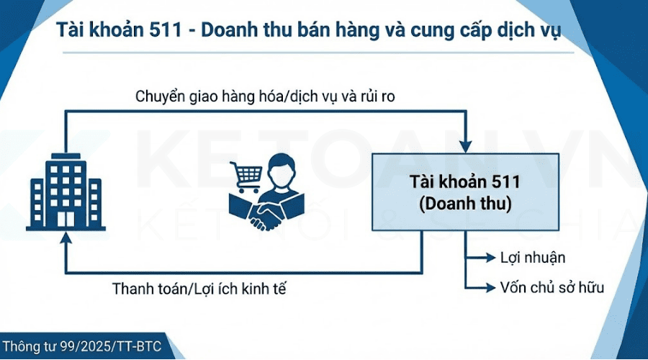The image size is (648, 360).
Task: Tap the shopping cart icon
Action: point(246,174)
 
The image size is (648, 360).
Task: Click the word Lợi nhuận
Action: point(533,258)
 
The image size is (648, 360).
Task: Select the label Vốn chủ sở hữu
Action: point(552,287)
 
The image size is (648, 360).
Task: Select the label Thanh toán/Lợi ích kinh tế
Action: point(204,289)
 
